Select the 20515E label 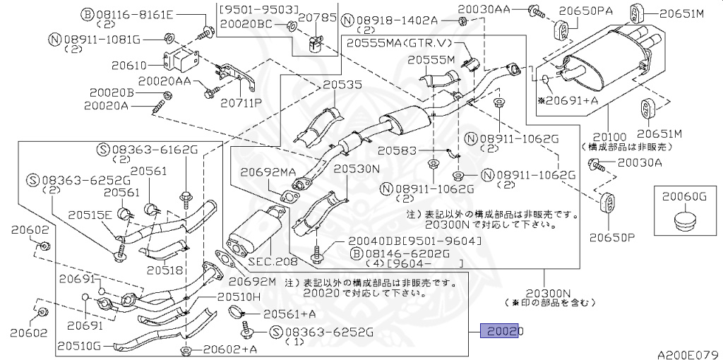[x=90, y=215]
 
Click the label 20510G [x=79, y=346]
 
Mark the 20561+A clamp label [x=289, y=313]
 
